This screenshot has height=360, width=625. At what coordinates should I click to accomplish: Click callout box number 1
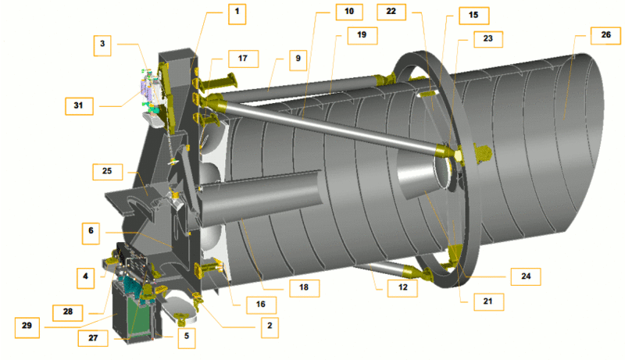pyautogui.click(x=237, y=14)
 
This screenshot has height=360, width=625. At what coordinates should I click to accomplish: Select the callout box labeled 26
pyautogui.click(x=605, y=35)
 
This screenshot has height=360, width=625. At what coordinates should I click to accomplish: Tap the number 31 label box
pyautogui.click(x=79, y=106)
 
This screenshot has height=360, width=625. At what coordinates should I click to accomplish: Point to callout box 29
pyautogui.click(x=27, y=327)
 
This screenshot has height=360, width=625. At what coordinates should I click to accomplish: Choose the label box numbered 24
pyautogui.click(x=526, y=276)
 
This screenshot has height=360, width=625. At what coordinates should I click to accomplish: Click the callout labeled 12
pyautogui.click(x=402, y=288)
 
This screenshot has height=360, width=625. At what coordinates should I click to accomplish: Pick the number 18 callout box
pyautogui.click(x=304, y=287)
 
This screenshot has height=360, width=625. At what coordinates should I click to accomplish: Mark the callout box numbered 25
pyautogui.click(x=107, y=172)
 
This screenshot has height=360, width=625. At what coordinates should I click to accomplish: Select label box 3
pyautogui.click(x=102, y=45)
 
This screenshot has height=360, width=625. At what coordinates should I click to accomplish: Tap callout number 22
pyautogui.click(x=391, y=12)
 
